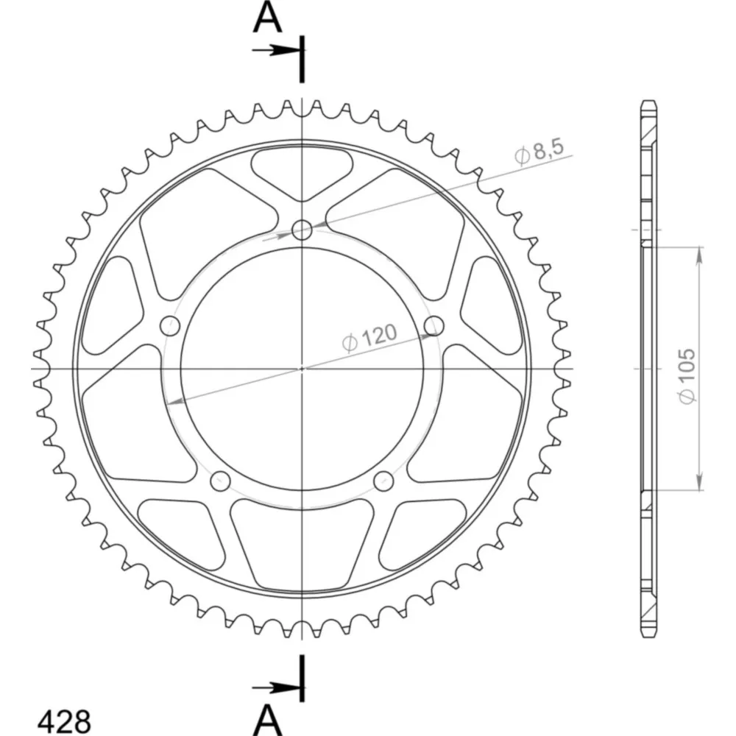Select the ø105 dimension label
click(x=686, y=375)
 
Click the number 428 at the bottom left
click(x=64, y=721)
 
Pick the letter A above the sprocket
click(x=268, y=18)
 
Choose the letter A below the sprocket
click(x=268, y=720)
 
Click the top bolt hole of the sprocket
click(x=302, y=230)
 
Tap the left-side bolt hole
click(x=170, y=326)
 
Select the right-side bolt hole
click(x=434, y=326)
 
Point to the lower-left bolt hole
click(x=220, y=481)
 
